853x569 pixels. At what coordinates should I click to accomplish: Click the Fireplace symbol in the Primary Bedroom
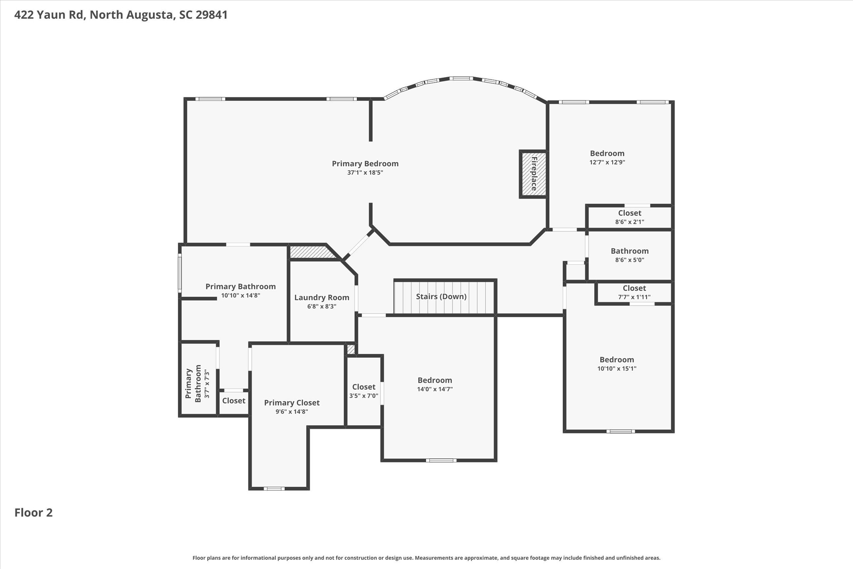coord(533,174)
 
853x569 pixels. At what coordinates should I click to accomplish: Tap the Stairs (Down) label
coord(441,296)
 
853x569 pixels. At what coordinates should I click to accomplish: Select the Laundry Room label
coord(322,298)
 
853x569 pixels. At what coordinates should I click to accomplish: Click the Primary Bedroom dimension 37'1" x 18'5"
coord(365,173)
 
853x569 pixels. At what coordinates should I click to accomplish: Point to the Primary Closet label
coord(292,403)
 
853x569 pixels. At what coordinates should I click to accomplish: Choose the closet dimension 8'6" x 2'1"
coord(629,222)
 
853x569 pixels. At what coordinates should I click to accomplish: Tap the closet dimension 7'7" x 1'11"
coord(634,297)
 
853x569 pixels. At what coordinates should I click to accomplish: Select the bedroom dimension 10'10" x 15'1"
coord(616,368)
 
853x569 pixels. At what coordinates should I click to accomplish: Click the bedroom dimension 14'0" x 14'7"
coord(435,389)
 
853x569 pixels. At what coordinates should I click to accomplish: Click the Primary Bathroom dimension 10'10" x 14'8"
coord(240,296)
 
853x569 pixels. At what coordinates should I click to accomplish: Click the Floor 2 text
coord(33,512)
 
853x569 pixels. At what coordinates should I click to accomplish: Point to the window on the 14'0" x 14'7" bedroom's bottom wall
coord(441,460)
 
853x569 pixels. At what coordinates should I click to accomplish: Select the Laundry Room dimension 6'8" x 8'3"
coord(322,306)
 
